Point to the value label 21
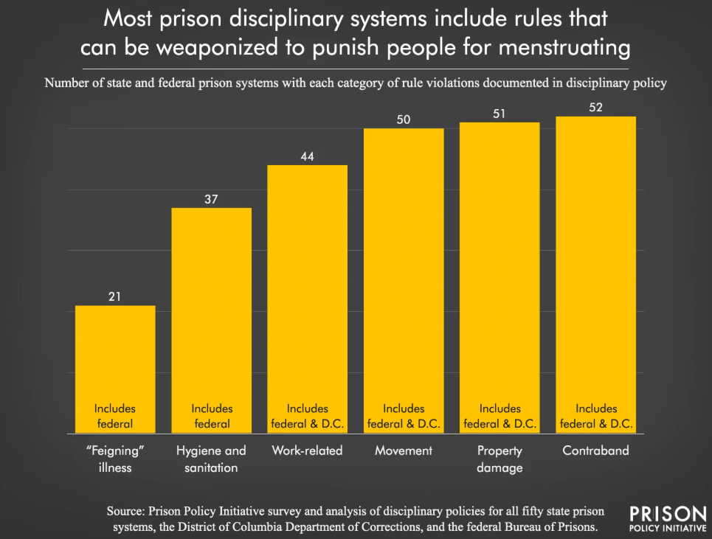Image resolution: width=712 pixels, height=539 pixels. [x=115, y=296]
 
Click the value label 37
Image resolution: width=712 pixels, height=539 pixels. [x=212, y=199]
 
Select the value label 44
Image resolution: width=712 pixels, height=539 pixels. [x=307, y=156]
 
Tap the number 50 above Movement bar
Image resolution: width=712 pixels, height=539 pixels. [x=404, y=119]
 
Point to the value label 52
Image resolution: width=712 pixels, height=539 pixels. [x=595, y=108]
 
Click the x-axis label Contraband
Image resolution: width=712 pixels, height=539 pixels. [x=595, y=450]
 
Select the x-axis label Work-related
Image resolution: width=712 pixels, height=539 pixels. [x=307, y=450]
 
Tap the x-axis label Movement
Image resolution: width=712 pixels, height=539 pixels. [x=404, y=450]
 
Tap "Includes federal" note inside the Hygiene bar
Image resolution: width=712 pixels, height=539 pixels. [x=212, y=416]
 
